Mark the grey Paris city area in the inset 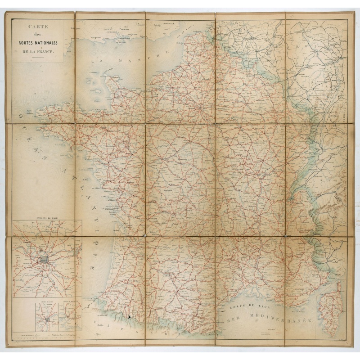(44, 260)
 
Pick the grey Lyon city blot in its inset (46, 320)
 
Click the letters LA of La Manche (96, 60)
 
